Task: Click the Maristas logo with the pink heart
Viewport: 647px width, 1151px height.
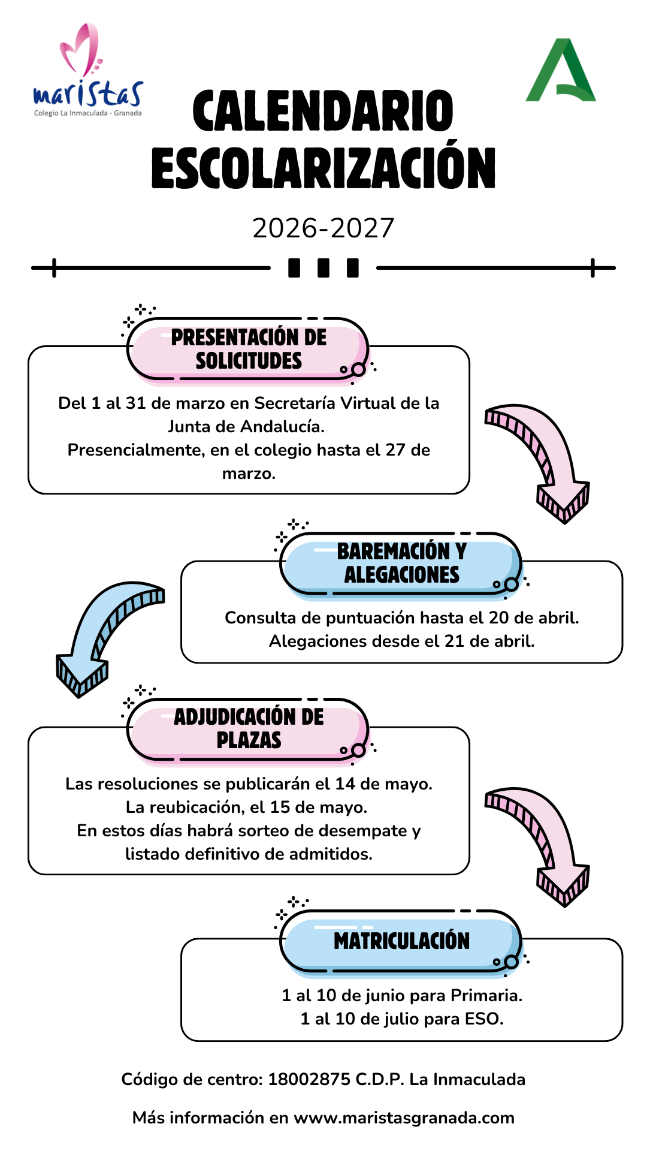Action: pyautogui.click(x=87, y=71)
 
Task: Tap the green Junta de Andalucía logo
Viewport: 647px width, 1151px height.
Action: pyautogui.click(x=561, y=71)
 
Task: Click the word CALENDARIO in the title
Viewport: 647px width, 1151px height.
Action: pyautogui.click(x=323, y=112)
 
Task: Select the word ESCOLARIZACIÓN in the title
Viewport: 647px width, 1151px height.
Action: pyautogui.click(x=323, y=168)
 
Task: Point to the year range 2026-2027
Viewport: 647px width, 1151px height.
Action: pyautogui.click(x=323, y=228)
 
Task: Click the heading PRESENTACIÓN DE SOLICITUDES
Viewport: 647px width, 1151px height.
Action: pyautogui.click(x=249, y=349)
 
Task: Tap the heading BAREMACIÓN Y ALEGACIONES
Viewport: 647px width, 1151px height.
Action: pyautogui.click(x=401, y=563)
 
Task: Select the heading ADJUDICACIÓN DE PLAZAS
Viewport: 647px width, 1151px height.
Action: pyautogui.click(x=249, y=728)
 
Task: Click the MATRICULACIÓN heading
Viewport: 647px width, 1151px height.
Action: pyautogui.click(x=401, y=941)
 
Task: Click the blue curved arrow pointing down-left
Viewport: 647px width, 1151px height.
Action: pyautogui.click(x=105, y=635)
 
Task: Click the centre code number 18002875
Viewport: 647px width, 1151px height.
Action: pyautogui.click(x=309, y=1080)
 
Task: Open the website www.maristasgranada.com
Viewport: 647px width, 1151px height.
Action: pyautogui.click(x=404, y=1118)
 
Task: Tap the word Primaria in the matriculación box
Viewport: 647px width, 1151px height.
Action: pyautogui.click(x=486, y=996)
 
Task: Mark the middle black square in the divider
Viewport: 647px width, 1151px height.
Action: pyautogui.click(x=323, y=268)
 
